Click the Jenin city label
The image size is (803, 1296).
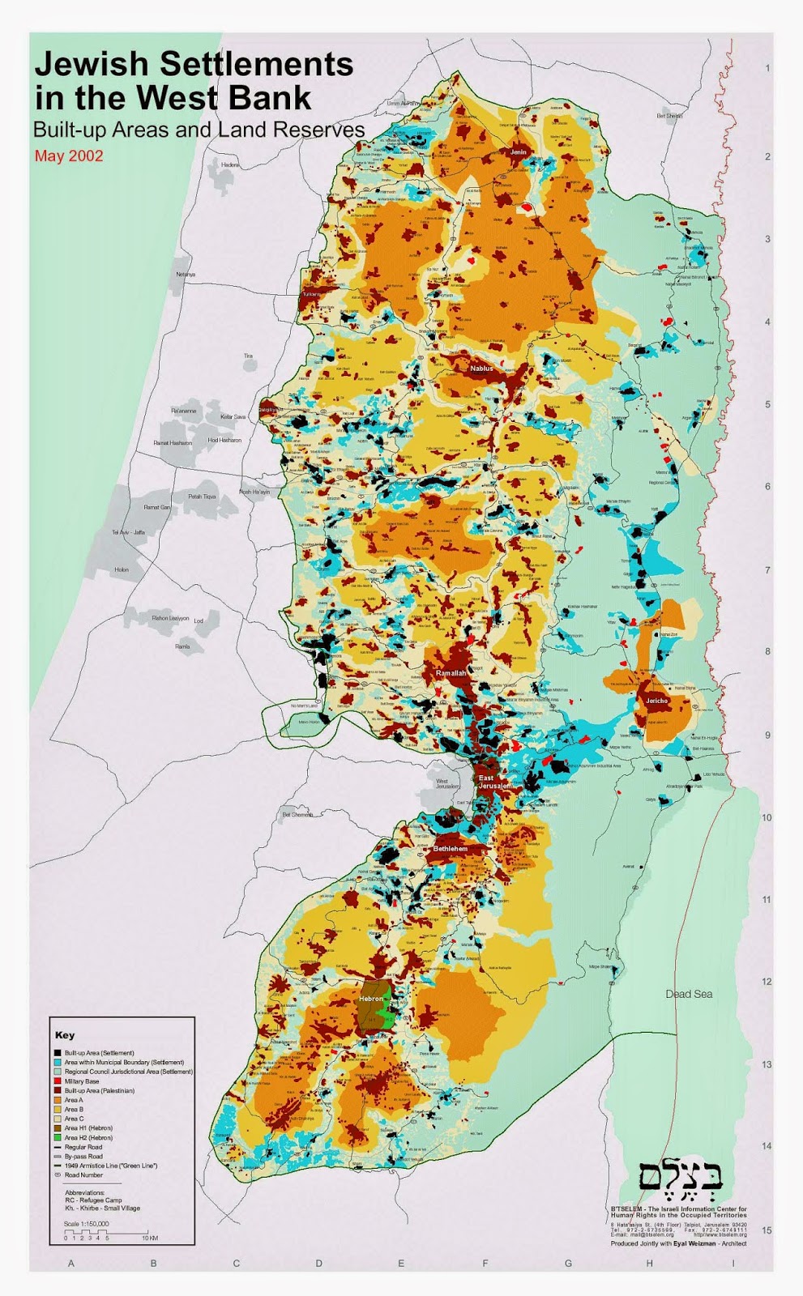518,151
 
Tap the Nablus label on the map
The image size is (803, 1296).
481,369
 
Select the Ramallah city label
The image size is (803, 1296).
451,673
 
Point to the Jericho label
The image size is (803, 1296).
656,701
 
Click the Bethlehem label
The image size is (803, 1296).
450,848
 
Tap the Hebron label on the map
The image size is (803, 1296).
370,999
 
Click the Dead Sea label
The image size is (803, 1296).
689,994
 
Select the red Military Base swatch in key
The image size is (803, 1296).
58,1081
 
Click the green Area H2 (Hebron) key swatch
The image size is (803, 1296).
58,1137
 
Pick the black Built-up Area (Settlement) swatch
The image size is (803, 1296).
58,1053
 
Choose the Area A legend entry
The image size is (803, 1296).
74,1100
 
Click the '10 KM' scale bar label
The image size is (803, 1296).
149,1238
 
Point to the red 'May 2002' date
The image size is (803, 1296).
69,156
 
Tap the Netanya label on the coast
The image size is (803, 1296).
186,275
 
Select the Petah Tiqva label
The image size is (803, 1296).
202,497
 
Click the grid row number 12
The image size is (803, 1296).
767,982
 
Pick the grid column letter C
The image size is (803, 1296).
237,1263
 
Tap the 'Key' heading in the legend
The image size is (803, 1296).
65,1035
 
